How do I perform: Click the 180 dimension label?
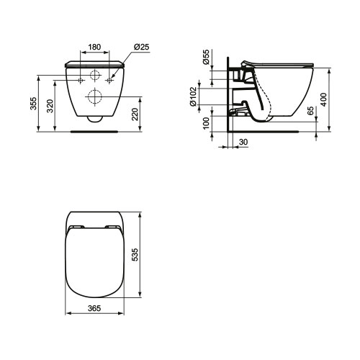[94, 47]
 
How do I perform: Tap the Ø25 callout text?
[142, 47]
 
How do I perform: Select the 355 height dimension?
[34, 104]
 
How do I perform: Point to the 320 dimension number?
[50, 106]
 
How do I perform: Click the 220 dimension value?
[135, 114]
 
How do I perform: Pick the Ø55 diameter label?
[206, 57]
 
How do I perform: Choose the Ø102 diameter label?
[193, 96]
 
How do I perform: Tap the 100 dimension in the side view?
[206, 123]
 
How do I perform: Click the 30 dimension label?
[243, 142]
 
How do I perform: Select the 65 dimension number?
[310, 111]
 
